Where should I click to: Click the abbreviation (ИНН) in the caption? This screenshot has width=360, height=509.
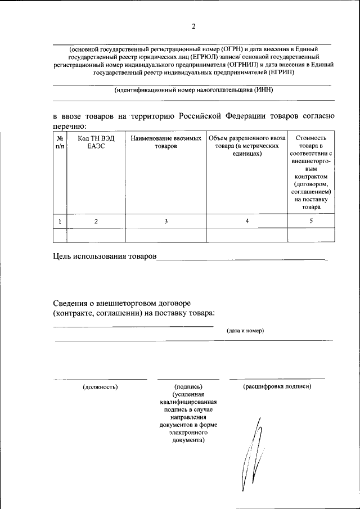(x=263, y=90)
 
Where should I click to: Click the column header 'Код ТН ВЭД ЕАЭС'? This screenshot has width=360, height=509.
(x=96, y=142)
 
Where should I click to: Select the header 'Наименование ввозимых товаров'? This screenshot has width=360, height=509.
(x=165, y=142)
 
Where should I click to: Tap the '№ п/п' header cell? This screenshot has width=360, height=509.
(x=60, y=142)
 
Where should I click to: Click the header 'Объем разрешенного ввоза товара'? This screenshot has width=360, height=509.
(x=247, y=145)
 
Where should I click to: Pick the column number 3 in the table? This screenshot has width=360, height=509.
(x=165, y=222)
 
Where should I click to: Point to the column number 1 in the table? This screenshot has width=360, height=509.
(x=60, y=222)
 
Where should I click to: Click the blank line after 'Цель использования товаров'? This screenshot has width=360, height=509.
(x=242, y=258)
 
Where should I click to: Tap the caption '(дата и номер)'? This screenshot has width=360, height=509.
(x=245, y=331)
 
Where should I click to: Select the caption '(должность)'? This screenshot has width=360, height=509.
(x=100, y=387)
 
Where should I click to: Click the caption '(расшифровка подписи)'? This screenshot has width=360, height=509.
(x=277, y=387)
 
